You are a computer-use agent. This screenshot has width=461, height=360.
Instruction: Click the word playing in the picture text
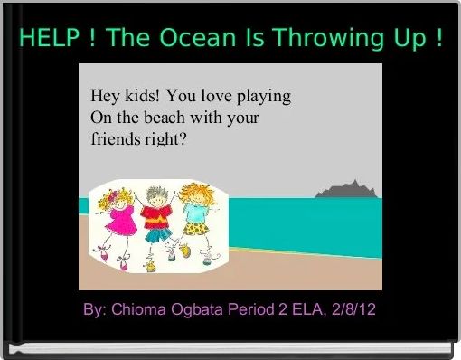point(263,96)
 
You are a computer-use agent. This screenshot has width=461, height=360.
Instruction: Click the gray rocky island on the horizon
point(343,189)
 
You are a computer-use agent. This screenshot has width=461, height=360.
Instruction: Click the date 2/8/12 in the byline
point(354,310)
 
